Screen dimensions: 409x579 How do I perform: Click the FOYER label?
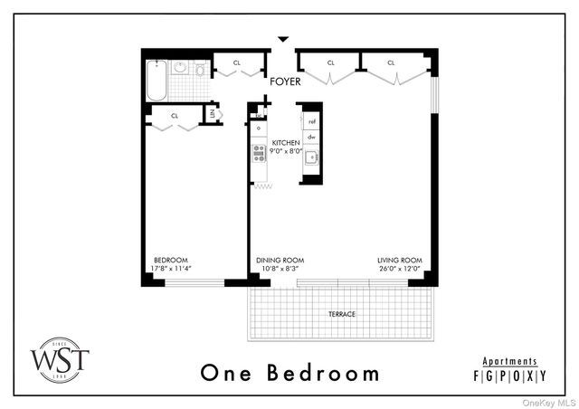click(284, 81)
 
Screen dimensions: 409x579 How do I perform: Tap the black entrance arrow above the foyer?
click(284, 39)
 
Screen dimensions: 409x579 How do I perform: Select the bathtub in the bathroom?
click(156, 81)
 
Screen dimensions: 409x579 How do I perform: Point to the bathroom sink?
click(179, 67)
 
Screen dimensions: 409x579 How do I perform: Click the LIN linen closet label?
click(213, 114)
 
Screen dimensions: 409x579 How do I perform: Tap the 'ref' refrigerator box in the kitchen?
click(311, 120)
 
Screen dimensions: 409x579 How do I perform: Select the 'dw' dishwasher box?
click(311, 137)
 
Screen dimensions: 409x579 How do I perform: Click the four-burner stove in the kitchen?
click(259, 152)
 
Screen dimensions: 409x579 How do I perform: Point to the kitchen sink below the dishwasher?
click(311, 157)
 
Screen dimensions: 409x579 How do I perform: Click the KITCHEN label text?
click(286, 143)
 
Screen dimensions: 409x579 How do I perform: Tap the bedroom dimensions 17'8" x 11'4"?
click(171, 267)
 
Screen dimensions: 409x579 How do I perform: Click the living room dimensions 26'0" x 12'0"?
click(400, 267)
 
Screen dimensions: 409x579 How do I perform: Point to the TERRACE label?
click(342, 314)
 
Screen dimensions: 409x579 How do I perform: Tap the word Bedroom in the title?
click(329, 372)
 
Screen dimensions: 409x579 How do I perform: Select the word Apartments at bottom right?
click(510, 361)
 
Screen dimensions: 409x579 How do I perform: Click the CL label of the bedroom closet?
click(175, 115)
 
